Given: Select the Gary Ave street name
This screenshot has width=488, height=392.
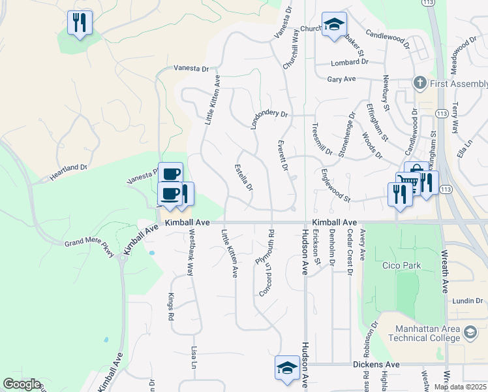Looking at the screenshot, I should coord(341,79).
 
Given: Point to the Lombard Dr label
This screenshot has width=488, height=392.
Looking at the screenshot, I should coord(350,62).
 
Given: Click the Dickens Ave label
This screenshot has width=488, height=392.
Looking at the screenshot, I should coord(375,364).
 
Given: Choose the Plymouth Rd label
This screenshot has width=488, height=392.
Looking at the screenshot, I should coord(263,249).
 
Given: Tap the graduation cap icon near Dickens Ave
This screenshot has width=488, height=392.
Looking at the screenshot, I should coord(287,367).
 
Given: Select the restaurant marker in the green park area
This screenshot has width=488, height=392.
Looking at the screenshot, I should coord(80,23).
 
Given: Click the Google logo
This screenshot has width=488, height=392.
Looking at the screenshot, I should coord(21,384).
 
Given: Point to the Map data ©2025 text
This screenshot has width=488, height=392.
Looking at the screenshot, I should coord(460,387).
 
